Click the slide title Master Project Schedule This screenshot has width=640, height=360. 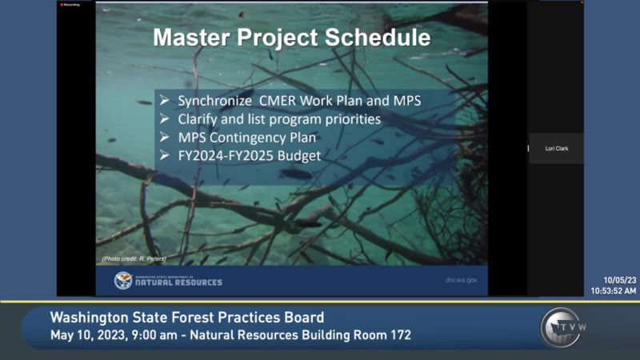tap(291, 38)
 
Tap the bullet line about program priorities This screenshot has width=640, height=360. tap(279, 119)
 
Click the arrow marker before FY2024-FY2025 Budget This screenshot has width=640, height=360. tap(164, 154)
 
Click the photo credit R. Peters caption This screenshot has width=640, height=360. tap(134, 258)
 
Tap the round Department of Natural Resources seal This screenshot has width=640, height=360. tap(123, 280)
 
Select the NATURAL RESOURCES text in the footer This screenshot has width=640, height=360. tap(179, 282)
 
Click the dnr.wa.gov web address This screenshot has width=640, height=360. tap(461, 281)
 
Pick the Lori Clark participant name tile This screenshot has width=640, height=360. tap(556, 148)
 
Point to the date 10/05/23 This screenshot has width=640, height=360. tap(620, 280)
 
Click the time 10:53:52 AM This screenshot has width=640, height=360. tap(614, 290)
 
